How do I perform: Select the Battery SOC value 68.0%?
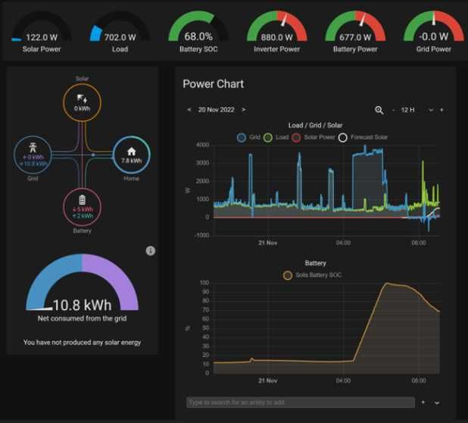(x=198, y=36)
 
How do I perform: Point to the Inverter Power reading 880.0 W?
(x=277, y=36)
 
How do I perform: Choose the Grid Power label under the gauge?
(x=433, y=49)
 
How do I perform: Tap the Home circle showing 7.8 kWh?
(x=131, y=155)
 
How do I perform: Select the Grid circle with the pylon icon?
(x=33, y=155)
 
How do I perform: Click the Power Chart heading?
(x=213, y=84)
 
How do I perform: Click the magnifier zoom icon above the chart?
(x=379, y=110)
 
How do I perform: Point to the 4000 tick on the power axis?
(x=201, y=145)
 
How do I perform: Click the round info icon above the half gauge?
(x=150, y=251)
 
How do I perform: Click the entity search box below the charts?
(x=300, y=403)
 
